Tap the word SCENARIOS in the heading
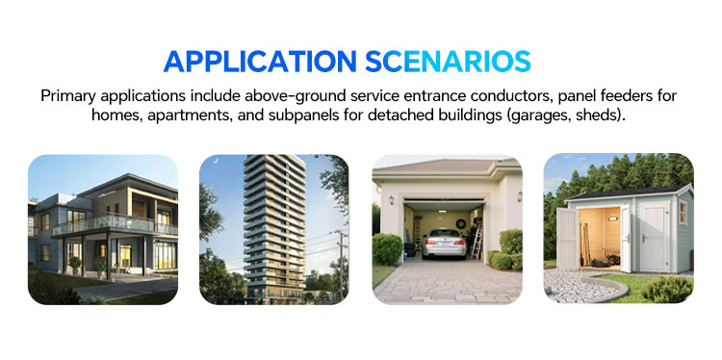(x=449, y=61)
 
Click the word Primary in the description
(x=71, y=96)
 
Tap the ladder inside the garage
(x=477, y=235)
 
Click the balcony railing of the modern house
(x=106, y=225)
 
